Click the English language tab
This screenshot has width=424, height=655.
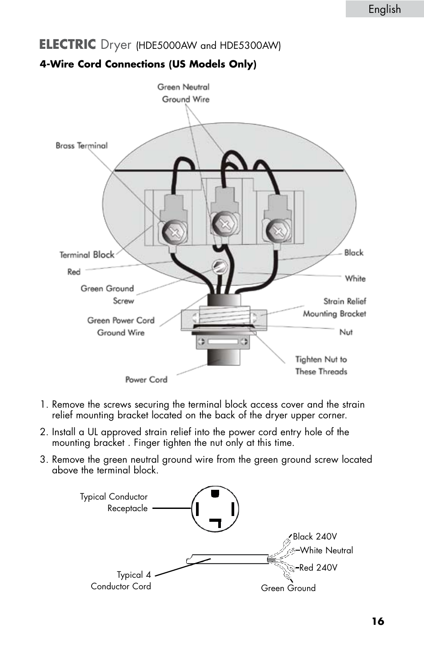click(384, 9)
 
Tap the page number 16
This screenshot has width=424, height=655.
click(378, 621)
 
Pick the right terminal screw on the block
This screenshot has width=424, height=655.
click(278, 231)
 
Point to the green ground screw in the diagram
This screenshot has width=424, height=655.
click(220, 267)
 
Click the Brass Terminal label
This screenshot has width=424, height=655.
click(81, 146)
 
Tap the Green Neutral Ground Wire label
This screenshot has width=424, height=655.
click(184, 93)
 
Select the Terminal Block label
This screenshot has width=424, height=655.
click(87, 255)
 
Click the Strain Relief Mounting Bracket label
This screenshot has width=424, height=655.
click(335, 307)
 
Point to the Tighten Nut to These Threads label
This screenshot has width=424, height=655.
click(321, 365)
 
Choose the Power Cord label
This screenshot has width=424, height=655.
click(146, 380)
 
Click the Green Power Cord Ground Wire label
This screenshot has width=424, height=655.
click(121, 326)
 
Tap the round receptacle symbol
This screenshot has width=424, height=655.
click(215, 509)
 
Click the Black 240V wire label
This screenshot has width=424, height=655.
click(315, 536)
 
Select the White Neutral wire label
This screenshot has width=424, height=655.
click(326, 551)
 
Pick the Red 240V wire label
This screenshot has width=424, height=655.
click(318, 568)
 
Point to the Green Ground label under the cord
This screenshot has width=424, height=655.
click(288, 588)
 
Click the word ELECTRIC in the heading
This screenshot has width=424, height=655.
click(68, 44)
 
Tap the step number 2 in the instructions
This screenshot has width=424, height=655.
click(43, 432)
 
